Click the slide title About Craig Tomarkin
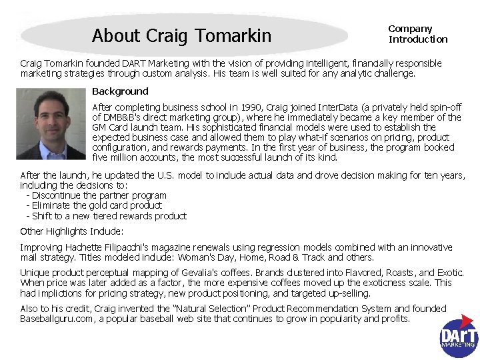[181, 35]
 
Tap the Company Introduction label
[417, 34]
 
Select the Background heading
[120, 91]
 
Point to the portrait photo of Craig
[55, 124]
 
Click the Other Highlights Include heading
[71, 231]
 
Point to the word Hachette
[85, 247]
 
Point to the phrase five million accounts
[133, 158]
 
